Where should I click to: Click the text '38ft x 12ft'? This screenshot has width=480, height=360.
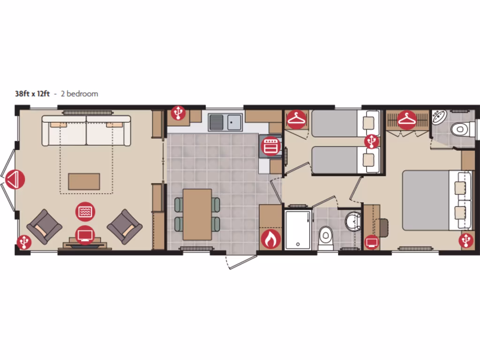32,94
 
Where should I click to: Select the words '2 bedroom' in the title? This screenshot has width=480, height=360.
79,94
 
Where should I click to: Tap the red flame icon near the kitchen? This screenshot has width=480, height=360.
270,240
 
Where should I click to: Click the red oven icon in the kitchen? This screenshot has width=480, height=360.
270,145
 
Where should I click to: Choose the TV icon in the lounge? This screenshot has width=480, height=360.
85,234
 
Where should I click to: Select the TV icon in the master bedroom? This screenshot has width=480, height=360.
372,241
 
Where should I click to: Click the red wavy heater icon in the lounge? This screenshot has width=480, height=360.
85,211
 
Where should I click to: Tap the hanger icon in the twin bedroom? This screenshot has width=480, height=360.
296,120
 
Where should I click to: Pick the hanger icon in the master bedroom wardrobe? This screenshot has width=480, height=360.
407,120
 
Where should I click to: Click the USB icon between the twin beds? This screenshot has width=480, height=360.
372,141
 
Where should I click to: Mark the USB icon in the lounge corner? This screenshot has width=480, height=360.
24,241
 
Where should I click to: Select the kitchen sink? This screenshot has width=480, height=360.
225,123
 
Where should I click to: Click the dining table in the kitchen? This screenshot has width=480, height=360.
197,214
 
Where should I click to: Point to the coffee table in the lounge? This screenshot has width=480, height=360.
84,181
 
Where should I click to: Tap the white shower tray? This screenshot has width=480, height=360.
298,230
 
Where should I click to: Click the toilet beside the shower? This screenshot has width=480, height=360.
326,236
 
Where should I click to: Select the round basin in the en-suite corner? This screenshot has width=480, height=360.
440,117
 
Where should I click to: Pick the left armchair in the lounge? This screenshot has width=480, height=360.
45,226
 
